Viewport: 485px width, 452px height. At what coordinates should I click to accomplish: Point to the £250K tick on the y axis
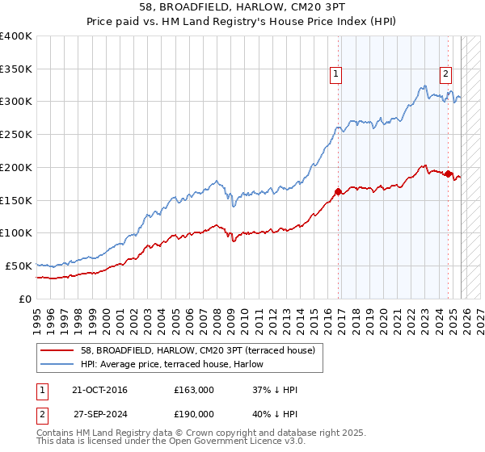(x=16, y=135)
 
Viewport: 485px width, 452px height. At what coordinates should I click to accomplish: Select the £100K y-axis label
(x=16, y=233)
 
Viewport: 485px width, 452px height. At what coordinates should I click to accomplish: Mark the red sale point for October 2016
(x=338, y=192)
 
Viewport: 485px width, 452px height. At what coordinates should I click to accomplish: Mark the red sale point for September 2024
(x=448, y=174)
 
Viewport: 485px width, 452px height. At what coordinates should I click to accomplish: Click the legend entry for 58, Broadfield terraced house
(x=203, y=349)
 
